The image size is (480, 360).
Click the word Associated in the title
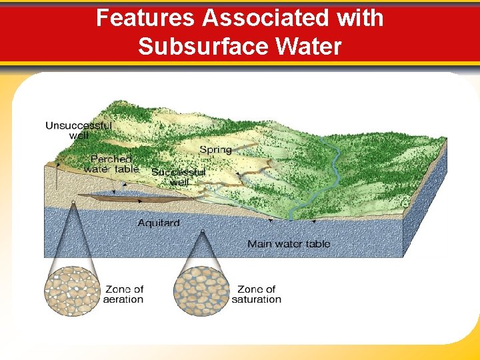266,18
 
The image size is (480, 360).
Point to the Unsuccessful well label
79,130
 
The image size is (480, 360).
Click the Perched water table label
111,164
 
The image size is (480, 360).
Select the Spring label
215,150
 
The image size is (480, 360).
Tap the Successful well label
179,177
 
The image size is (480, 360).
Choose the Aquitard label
159,223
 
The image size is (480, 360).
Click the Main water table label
289,244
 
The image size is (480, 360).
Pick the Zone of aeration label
123,294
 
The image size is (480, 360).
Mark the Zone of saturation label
257,294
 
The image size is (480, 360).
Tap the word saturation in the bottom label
257,299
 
